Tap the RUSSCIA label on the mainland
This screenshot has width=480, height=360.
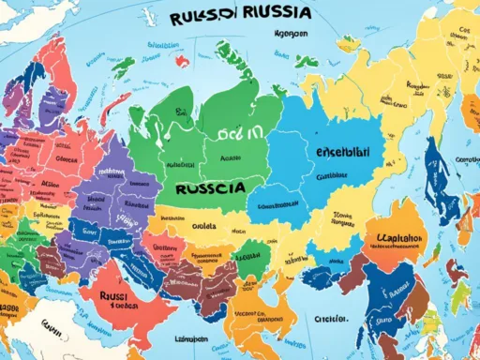pyautogui.click(x=211, y=187)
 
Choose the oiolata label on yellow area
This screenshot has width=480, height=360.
pyautogui.click(x=204, y=225)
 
